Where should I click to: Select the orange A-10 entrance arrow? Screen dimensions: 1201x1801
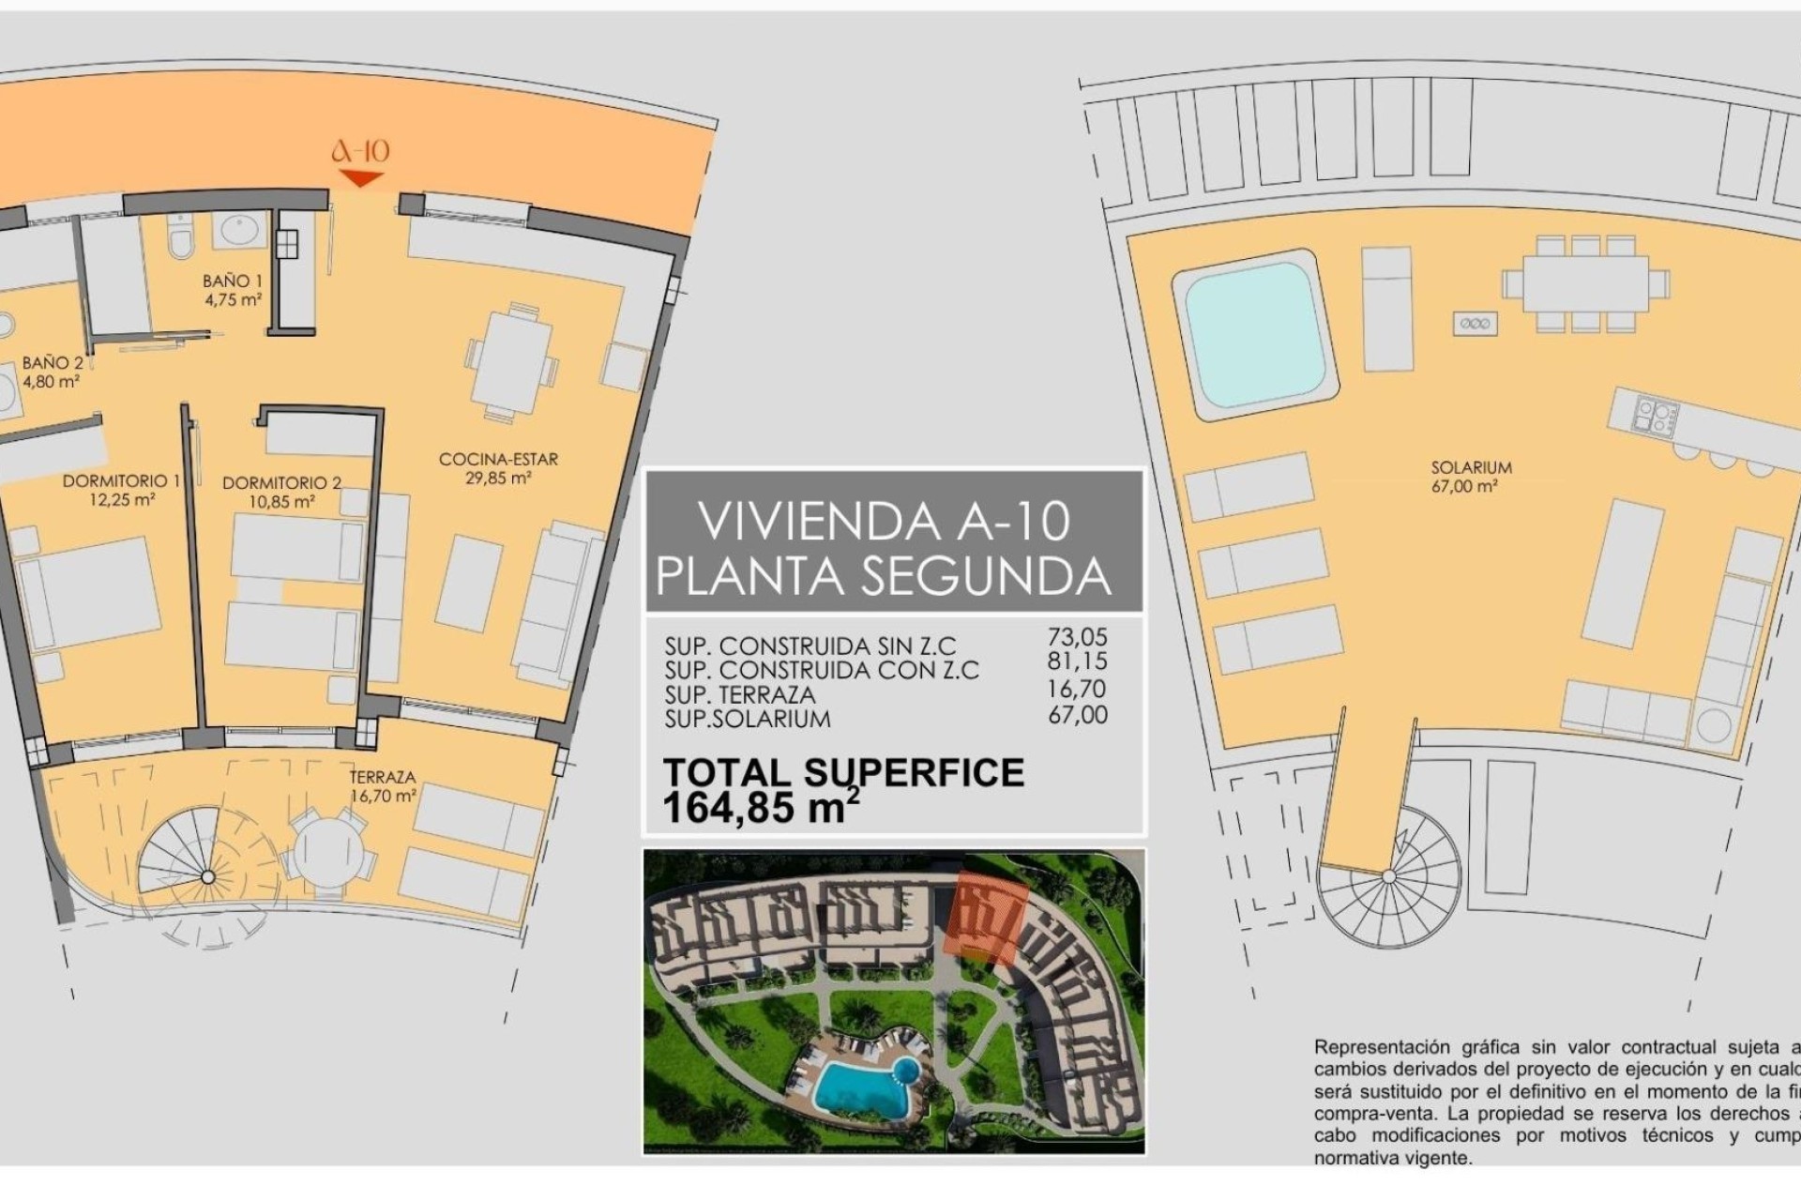coord(360,177)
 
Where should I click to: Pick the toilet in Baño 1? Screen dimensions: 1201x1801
coord(179,236)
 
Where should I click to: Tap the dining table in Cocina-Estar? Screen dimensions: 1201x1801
coord(513,361)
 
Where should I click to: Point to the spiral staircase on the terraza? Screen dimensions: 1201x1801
coord(207,876)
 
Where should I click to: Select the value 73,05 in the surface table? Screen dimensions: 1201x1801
coord(1077,637)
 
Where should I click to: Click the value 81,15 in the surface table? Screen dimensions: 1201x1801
coord(1077,661)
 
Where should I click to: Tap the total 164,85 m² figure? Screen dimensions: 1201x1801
coord(760,808)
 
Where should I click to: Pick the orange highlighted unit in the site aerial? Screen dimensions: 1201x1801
coord(988,915)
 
